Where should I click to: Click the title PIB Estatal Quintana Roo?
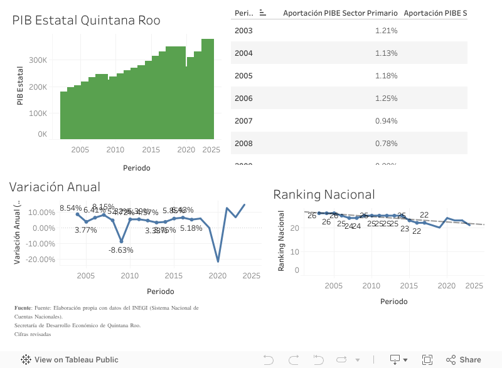click(x=86, y=20)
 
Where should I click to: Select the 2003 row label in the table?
click(x=243, y=31)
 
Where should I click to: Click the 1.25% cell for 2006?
click(x=386, y=98)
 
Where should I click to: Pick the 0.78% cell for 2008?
click(x=386, y=144)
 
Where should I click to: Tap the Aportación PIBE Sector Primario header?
click(x=340, y=13)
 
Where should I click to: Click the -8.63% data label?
click(x=120, y=250)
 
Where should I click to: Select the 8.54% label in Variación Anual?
click(x=70, y=208)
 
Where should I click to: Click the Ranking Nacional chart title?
click(x=324, y=194)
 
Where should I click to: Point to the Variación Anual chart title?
click(x=55, y=186)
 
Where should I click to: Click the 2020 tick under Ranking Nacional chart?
click(x=446, y=286)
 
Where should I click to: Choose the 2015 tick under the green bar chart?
click(x=151, y=149)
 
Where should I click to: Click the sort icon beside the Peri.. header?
click(x=263, y=13)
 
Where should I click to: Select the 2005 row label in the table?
click(x=243, y=76)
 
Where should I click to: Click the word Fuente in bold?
click(x=23, y=308)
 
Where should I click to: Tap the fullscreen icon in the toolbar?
click(x=427, y=360)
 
